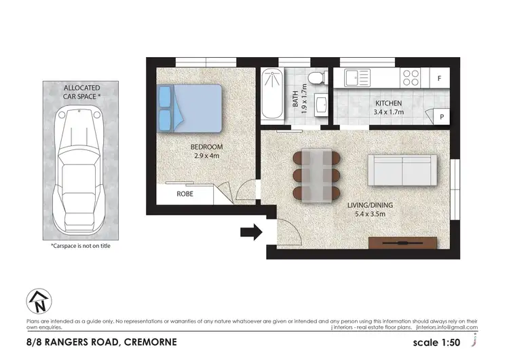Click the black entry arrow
coord(251,233)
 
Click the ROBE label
coord(185,194)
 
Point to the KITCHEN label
coord(389,104)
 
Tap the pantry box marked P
coord(441,117)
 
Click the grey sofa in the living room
coord(402,170)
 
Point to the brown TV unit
coord(402,242)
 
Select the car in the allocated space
coord(81,168)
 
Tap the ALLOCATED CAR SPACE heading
coord(81,92)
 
